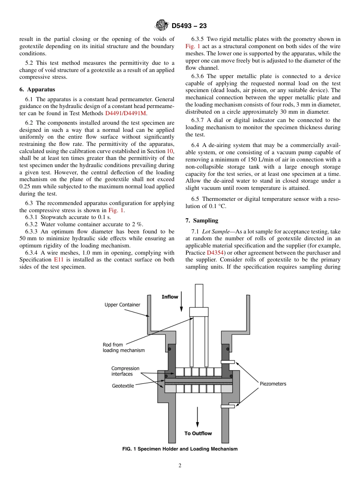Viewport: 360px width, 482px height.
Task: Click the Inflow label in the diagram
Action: (170, 297)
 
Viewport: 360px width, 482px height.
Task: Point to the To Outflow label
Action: (198, 433)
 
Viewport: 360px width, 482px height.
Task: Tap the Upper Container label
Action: (122, 305)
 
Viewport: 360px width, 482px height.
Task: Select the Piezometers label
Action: (273, 384)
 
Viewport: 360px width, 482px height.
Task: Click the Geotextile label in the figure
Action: (123, 386)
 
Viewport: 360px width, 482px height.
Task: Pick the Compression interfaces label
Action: (125, 371)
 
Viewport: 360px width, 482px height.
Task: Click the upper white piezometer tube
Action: (228, 362)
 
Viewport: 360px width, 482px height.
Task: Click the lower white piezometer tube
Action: (228, 407)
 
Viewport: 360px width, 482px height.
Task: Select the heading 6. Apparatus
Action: (37, 89)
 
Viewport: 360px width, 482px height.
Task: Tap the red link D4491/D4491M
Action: (125, 113)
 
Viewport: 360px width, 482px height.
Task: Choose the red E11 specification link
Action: (59, 260)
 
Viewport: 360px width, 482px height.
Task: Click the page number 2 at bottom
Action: (180, 466)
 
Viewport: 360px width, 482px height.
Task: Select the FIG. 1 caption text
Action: (180, 449)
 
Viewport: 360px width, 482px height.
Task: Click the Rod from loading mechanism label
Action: (124, 347)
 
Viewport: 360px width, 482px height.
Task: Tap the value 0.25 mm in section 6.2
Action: (29, 186)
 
